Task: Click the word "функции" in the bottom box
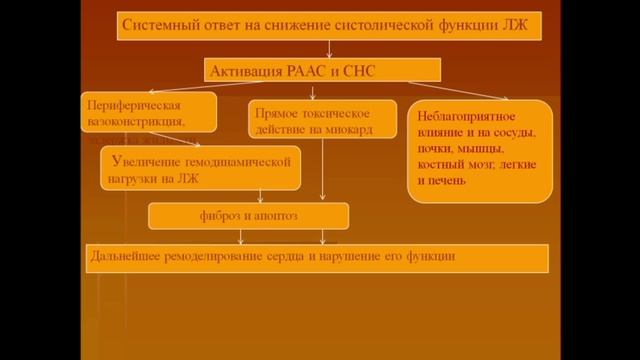pyautogui.click(x=432, y=257)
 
